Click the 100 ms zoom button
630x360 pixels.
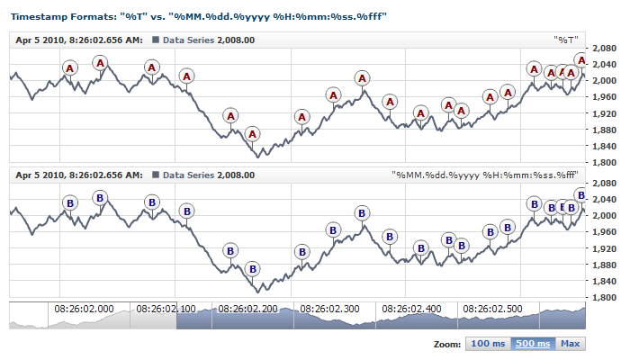point(488,344)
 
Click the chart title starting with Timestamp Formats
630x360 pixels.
point(199,16)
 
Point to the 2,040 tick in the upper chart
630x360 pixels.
point(605,64)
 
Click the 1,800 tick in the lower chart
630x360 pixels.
point(605,298)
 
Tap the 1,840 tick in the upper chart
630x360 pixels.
point(605,146)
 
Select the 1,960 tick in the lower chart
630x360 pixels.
point(605,232)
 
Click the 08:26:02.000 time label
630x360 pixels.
point(85,309)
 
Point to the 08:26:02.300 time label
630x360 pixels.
point(329,309)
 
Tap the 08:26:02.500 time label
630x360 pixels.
point(493,309)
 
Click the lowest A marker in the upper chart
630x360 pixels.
point(253,135)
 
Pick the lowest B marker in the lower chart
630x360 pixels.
point(253,269)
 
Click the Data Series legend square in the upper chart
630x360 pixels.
point(157,40)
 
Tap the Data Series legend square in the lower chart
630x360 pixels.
point(157,175)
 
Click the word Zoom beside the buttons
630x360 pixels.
point(447,344)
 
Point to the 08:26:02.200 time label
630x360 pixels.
point(247,309)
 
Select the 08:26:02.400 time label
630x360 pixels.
point(411,309)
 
